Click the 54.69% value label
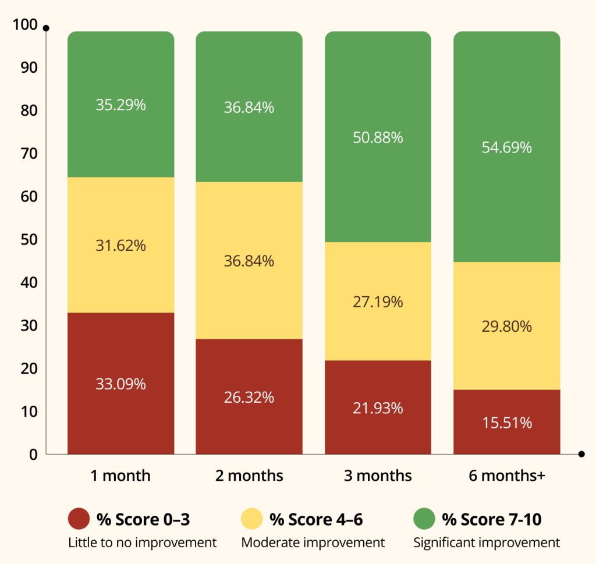coord(506,148)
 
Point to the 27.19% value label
coord(378,302)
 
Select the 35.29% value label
coord(120,105)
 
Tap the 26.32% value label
coord(249,398)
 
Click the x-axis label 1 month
coord(120,476)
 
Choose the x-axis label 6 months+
coord(506,476)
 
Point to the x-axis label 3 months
coord(378,476)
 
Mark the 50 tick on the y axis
coord(27,239)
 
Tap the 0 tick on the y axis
coord(33,454)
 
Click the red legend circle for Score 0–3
coord(79,519)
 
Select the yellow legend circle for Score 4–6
coord(251,519)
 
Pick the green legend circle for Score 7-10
coord(424,519)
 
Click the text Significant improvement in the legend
coord(487,542)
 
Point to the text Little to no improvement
coord(142,542)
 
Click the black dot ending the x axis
coord(581,454)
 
